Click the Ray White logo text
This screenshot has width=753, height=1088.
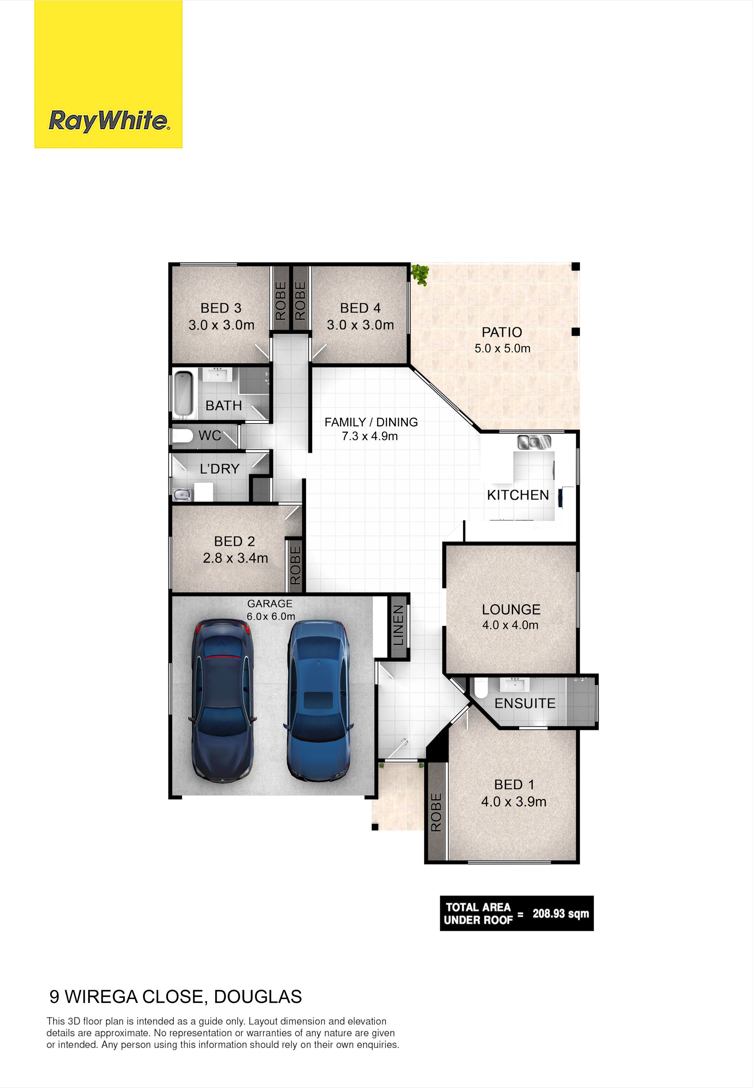(x=109, y=121)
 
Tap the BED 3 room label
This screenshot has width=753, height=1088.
(x=221, y=308)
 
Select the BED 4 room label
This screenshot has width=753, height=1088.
(x=360, y=308)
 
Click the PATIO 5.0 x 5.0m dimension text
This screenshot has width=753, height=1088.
(x=502, y=349)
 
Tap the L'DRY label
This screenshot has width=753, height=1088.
(x=219, y=469)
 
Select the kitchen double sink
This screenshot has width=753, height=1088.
(x=534, y=442)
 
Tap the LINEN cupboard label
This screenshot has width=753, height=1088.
(x=399, y=625)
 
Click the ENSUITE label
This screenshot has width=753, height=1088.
(x=525, y=704)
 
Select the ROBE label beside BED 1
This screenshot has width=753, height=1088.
(x=436, y=812)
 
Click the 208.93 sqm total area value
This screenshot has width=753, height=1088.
(x=561, y=913)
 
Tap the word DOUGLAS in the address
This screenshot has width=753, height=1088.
(x=258, y=997)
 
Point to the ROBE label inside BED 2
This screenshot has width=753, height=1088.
(x=295, y=565)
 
